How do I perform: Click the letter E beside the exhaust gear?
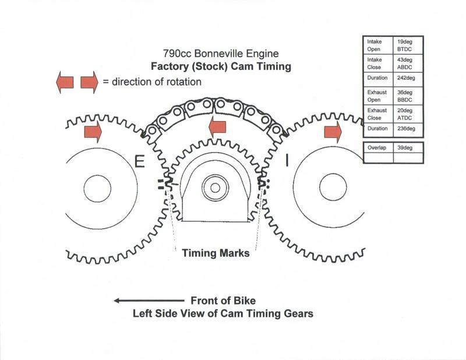click(139, 161)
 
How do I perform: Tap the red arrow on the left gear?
click(93, 132)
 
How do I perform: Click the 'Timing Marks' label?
click(216, 253)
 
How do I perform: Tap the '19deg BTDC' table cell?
click(408, 46)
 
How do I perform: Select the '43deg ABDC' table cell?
click(408, 63)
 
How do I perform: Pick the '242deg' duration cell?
click(408, 79)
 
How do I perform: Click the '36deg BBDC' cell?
click(408, 95)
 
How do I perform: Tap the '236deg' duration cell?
click(408, 129)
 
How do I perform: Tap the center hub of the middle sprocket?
click(216, 188)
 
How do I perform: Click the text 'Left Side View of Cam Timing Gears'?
click(224, 313)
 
